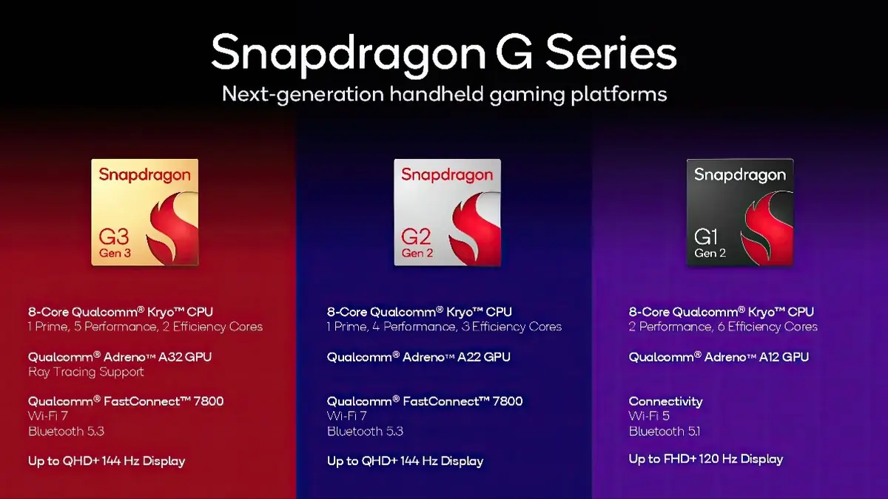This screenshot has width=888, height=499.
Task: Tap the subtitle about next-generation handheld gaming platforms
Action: (444, 95)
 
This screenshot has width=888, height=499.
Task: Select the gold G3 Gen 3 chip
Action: (145, 212)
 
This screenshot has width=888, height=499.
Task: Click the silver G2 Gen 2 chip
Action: (447, 212)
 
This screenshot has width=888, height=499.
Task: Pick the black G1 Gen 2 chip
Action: (740, 212)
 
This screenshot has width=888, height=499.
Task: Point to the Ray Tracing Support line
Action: (86, 372)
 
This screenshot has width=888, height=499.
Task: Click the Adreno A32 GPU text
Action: (120, 357)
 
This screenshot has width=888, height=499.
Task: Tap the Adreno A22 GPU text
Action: (419, 357)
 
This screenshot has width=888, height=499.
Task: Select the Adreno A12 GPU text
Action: (719, 357)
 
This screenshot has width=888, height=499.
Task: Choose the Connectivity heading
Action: (665, 401)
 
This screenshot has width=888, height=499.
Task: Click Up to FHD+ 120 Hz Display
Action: (705, 459)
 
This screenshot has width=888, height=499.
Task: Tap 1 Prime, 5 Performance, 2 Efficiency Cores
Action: (145, 327)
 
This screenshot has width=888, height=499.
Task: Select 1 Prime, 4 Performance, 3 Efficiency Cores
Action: (444, 327)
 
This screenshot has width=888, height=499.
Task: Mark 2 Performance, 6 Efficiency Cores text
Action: (723, 327)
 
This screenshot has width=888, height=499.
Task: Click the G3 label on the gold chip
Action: (114, 237)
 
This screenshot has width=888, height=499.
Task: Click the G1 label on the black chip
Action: (707, 237)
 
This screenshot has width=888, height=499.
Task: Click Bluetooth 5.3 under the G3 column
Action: (66, 431)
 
